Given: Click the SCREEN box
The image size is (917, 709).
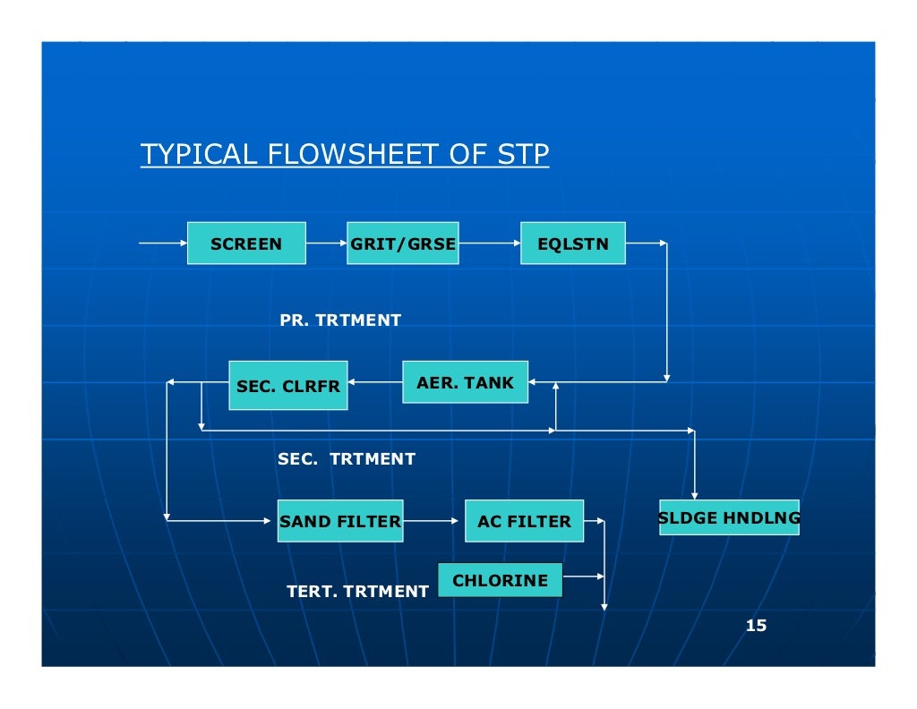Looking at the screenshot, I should point(246,243).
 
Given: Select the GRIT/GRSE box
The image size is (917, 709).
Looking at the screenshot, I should point(403,243).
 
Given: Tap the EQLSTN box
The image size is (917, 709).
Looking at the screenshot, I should point(573,243).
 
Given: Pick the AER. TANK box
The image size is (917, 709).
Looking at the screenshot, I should point(465,382).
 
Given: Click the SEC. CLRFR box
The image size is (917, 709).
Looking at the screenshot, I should point(287,386).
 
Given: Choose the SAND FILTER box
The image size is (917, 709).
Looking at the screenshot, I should point(340,521).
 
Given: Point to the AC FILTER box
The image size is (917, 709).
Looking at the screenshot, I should point(524,521).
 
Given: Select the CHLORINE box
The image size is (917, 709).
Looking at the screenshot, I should point(500,580).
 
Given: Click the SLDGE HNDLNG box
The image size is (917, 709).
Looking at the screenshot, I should point(729,517).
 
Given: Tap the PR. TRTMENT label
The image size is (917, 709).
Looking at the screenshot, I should point(340,320).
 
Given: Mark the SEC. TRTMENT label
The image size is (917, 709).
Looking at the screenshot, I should point(347,459).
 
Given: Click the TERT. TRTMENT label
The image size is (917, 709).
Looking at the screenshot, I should point(357,592).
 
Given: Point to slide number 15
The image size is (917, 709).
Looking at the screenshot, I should point(757,626).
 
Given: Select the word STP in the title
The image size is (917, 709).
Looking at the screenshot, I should point(522,155).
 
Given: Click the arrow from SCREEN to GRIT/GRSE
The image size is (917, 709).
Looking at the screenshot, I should point(327,243).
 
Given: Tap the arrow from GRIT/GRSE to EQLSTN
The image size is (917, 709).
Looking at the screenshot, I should point(490,243).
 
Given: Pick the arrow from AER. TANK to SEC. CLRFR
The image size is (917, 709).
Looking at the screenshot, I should point(375,382).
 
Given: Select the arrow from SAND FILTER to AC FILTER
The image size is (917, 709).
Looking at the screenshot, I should point(433,520).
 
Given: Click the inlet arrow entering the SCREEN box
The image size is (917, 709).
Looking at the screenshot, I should point(163,243).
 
